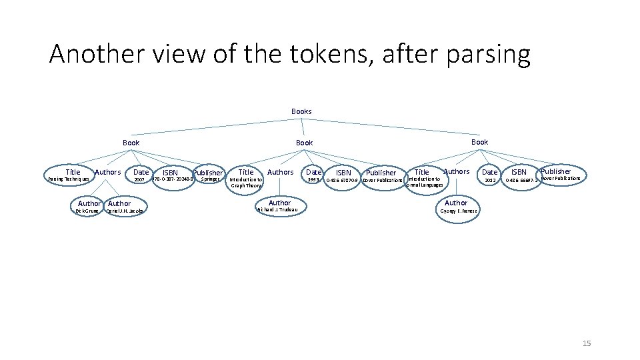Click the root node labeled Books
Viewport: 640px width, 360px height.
[301, 111]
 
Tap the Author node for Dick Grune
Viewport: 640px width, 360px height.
[88, 207]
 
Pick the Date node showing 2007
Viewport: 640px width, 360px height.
[140, 176]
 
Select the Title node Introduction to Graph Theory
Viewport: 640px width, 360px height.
[246, 178]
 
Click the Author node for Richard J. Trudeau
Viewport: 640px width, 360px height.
[280, 206]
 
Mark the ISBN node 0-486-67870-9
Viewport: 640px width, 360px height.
[343, 177]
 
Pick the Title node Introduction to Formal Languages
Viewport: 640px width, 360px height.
[423, 178]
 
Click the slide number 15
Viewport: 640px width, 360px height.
[587, 343]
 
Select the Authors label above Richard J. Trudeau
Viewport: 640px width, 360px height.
[280, 172]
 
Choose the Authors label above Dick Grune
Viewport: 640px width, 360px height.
[108, 172]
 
